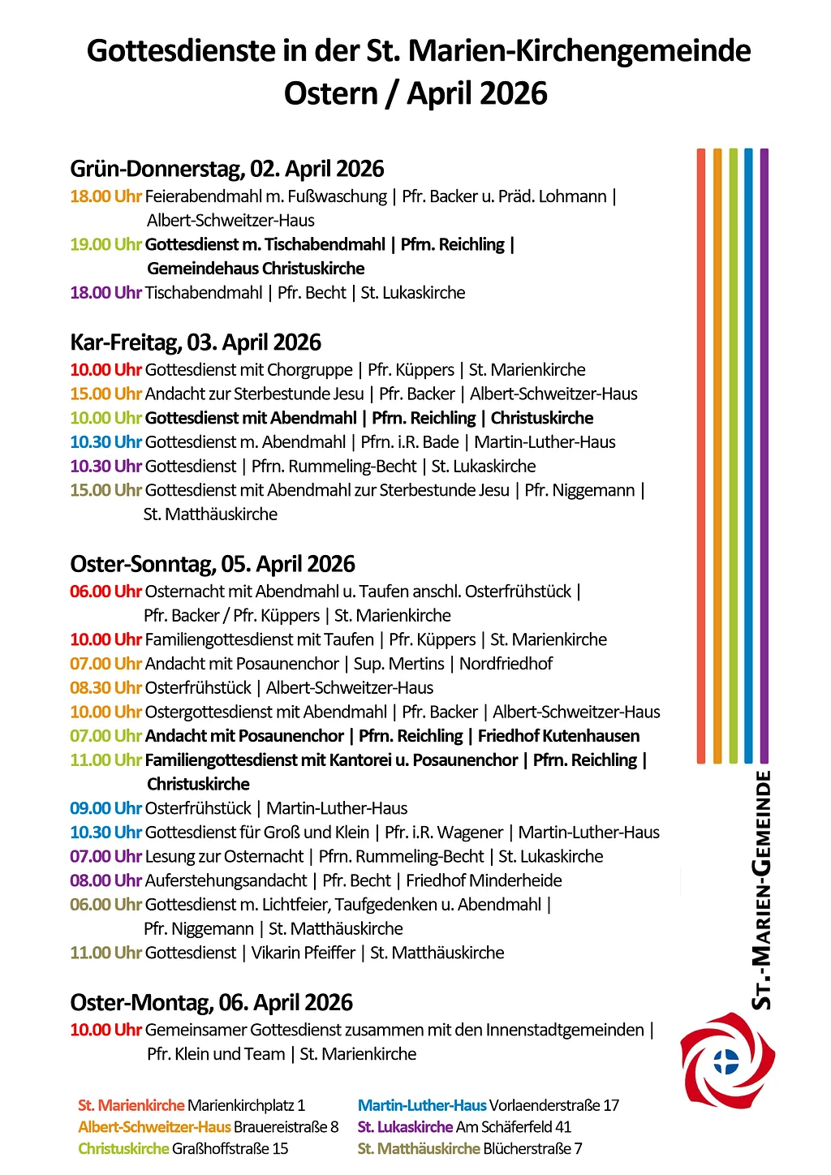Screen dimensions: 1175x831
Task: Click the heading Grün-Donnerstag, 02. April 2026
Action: [x=227, y=169]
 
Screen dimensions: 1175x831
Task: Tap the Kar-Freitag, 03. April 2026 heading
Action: [x=196, y=342]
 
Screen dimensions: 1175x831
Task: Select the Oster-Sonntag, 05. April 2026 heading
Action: [x=213, y=564]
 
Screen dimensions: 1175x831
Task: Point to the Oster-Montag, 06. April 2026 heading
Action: [x=211, y=1003]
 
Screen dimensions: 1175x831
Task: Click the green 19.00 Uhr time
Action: [x=105, y=245]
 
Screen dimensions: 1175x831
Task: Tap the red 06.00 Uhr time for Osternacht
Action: [x=105, y=592]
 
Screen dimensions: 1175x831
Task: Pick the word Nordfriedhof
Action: [x=506, y=664]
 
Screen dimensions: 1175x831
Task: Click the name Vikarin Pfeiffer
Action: [x=304, y=953]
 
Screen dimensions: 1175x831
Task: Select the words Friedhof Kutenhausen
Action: [x=558, y=736]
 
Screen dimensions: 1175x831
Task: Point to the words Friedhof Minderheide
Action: [x=484, y=880]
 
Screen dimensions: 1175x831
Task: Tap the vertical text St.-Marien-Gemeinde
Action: [x=762, y=890]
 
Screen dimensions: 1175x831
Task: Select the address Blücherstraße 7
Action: [x=532, y=1149]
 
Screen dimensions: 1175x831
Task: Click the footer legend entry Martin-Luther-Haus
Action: [x=422, y=1105]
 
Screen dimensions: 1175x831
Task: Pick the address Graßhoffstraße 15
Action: [x=230, y=1149]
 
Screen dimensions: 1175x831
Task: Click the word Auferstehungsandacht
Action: [x=226, y=880]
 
